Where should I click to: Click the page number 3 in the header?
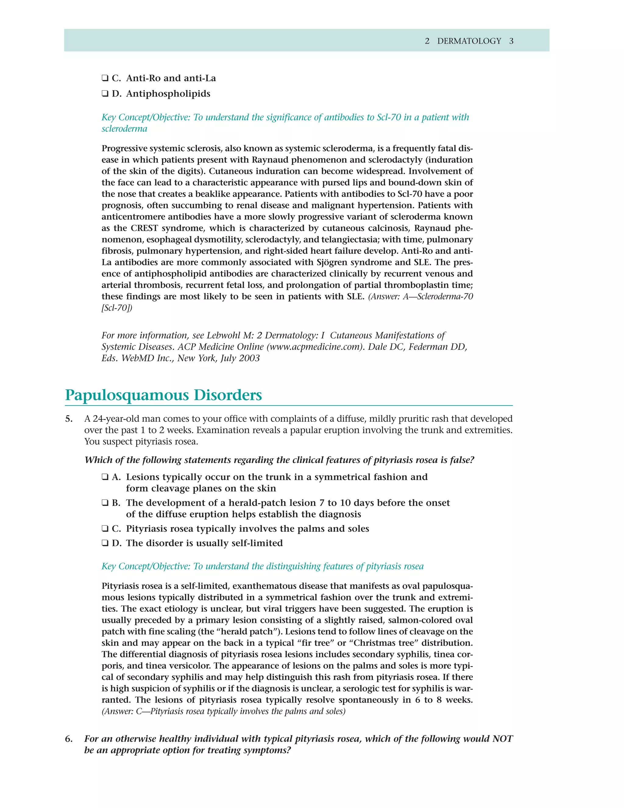(511, 41)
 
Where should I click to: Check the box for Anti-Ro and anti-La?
(105, 78)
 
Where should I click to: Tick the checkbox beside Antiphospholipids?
(105, 94)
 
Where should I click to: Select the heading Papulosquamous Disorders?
(163, 395)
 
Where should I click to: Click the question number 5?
(69, 419)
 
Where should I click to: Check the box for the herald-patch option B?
(105, 503)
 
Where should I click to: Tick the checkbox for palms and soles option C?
(105, 529)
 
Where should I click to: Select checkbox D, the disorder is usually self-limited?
(105, 543)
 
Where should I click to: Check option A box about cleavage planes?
(105, 477)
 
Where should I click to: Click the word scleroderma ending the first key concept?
(124, 129)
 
